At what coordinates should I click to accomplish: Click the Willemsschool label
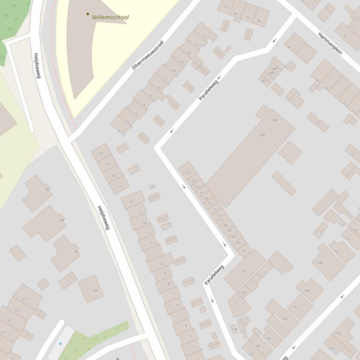click(x=110, y=17)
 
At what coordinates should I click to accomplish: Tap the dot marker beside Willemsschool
click(x=88, y=14)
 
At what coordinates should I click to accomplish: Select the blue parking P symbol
click(x=60, y=344)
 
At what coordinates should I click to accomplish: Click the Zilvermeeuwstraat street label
click(x=148, y=55)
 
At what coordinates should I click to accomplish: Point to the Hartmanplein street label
click(x=330, y=43)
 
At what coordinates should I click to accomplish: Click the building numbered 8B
click(x=262, y=135)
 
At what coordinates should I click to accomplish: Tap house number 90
click(x=47, y=189)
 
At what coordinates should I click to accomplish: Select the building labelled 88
click(x=62, y=220)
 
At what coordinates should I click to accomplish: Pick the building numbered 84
click(x=96, y=290)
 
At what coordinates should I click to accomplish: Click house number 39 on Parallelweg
click(x=242, y=271)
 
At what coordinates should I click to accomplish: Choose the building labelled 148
click(x=319, y=262)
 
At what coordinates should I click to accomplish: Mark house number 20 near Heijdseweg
click(x=101, y=153)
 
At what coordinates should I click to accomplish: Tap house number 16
click(x=131, y=202)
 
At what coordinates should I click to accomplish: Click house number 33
click(x=225, y=7)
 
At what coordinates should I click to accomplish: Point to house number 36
click(x=258, y=21)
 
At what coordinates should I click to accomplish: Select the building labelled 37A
click(x=234, y=329)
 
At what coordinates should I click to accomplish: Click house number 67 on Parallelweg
click(x=190, y=173)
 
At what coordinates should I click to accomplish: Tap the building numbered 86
click(x=76, y=252)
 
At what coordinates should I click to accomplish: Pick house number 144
click(x=306, y=290)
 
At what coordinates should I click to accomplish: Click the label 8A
click(x=275, y=120)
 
